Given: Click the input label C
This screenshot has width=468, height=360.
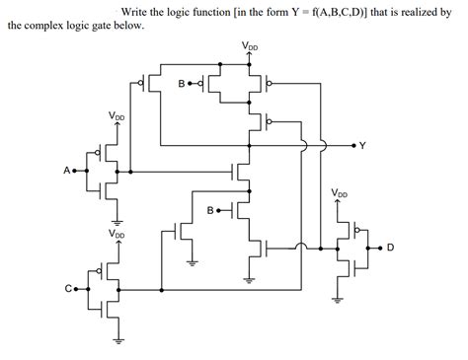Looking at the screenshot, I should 68,289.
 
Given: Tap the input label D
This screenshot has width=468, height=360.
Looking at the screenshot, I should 390,248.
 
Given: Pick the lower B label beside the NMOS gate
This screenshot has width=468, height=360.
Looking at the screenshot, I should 210,211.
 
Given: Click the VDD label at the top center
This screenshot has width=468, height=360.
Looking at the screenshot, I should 251,46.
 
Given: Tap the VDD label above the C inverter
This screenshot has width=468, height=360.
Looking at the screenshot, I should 117,235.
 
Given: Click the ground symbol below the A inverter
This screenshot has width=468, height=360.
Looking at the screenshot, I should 117,221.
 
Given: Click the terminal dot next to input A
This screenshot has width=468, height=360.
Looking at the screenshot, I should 77,171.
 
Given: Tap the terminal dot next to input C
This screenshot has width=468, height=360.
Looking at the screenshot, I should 77,289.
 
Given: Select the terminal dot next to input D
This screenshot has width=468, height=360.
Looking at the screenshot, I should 380,248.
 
